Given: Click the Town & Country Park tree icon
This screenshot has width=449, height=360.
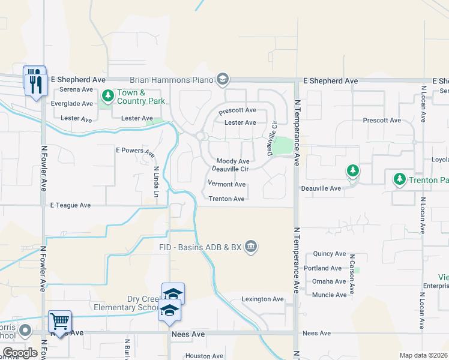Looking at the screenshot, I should tap(107, 95).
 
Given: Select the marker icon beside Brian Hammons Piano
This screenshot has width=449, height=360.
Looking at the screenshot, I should tap(223, 79).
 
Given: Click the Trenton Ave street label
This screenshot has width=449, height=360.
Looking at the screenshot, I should tap(226, 199).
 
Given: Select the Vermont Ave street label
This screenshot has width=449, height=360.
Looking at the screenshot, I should tap(227, 184).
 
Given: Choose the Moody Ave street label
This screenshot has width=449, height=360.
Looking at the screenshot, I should tap(232, 161).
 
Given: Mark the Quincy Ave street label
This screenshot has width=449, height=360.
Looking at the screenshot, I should tap(329, 254).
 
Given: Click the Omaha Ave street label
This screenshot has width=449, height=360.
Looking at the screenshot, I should tap(329, 281).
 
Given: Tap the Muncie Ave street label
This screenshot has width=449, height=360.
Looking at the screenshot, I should tap(329, 295).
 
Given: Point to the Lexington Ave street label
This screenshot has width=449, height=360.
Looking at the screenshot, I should tap(262, 299).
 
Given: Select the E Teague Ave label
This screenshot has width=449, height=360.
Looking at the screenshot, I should tap(70, 205).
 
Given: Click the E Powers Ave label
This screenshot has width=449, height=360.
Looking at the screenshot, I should tap(135, 151).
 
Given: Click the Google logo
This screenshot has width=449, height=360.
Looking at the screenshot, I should tap(20, 353).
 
